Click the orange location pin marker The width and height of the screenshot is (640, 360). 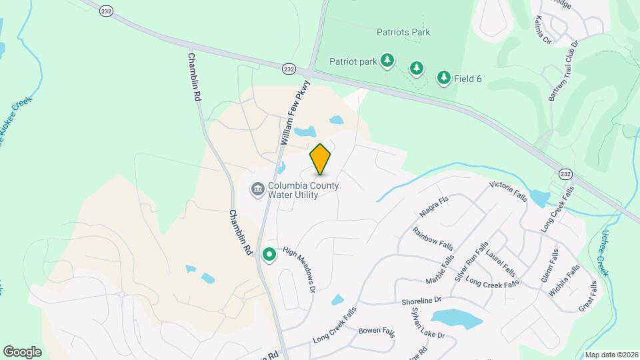point(321,159)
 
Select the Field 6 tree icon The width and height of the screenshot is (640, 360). point(443,78)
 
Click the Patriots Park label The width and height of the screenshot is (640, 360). point(403,32)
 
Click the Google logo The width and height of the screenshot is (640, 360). point(23,351)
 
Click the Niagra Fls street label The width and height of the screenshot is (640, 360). point(434,207)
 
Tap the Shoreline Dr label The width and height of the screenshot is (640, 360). point(421,301)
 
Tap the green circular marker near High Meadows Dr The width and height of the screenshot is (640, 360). point(269,255)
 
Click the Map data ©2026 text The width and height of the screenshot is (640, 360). point(611,354)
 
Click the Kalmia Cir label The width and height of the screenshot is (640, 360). point(543,31)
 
